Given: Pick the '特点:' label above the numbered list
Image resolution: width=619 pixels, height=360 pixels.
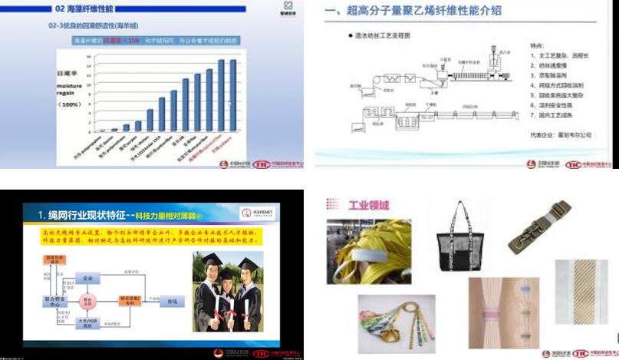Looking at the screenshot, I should [539, 45].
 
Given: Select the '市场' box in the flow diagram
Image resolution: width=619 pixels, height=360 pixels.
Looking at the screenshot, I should [172, 303].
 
